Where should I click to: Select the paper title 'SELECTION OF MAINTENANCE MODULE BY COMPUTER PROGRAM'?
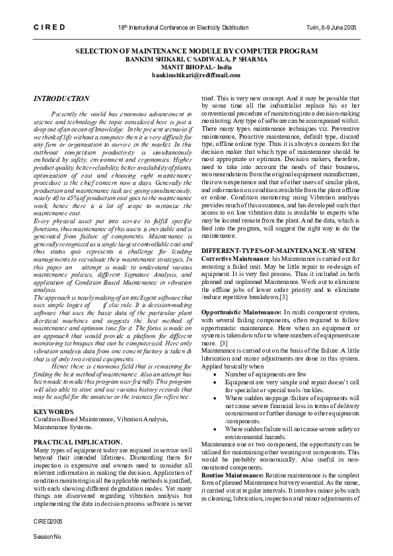(x=196, y=51)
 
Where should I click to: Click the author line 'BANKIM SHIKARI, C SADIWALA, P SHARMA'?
(x=196, y=59)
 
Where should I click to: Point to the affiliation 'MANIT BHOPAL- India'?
(x=196, y=67)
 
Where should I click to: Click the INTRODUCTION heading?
(x=61, y=98)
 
